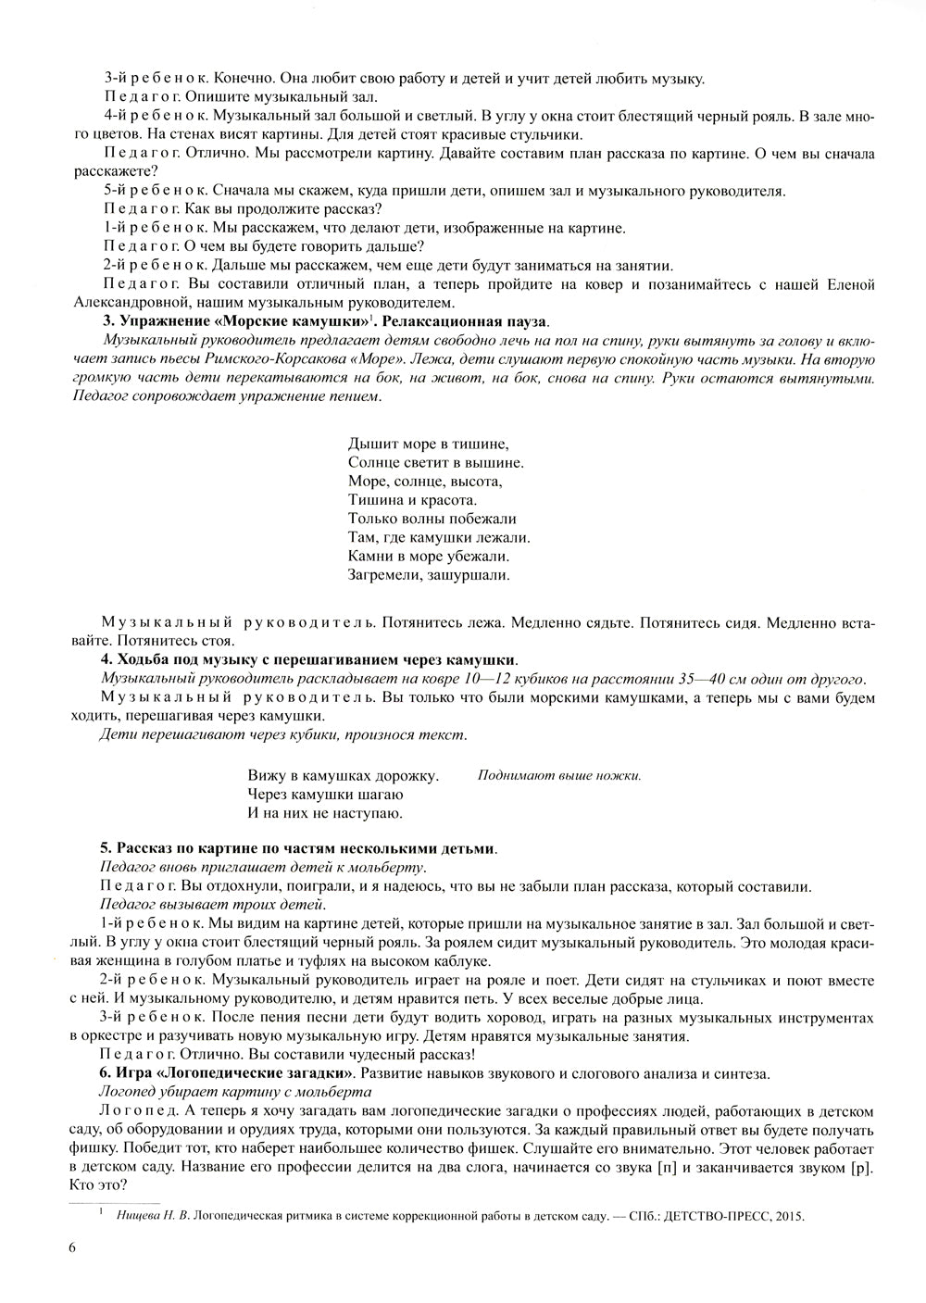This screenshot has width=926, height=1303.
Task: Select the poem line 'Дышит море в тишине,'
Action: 429,443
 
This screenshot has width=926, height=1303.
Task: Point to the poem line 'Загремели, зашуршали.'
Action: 429,575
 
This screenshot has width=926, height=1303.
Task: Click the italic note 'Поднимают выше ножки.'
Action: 559,775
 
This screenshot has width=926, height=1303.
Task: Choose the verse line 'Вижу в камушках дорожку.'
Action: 343,775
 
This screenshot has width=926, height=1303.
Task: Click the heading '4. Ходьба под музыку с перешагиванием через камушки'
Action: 308,659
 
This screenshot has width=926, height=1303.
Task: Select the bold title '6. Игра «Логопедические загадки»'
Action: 227,1073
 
